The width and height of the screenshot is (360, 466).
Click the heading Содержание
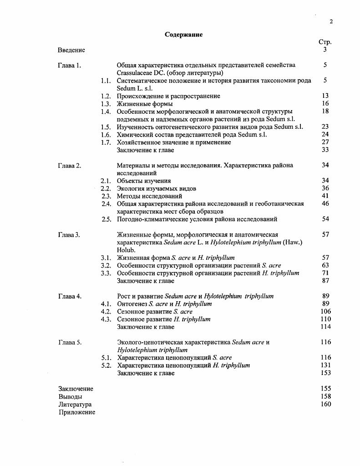pyautogui.click(x=184, y=35)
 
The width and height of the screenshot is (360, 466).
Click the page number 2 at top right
pyautogui.click(x=331, y=22)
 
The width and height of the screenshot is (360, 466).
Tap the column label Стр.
pyautogui.click(x=325, y=42)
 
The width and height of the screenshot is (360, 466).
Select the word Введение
pyautogui.click(x=71, y=50)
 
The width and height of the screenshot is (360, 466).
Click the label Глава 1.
pyautogui.click(x=70, y=65)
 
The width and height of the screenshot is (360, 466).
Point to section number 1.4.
pyautogui.click(x=106, y=111)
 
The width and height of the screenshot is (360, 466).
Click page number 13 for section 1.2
pyautogui.click(x=325, y=96)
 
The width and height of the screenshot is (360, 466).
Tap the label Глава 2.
pyautogui.click(x=70, y=166)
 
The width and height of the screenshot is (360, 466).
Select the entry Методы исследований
pyautogui.click(x=149, y=196)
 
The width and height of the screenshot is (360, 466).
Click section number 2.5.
pyautogui.click(x=106, y=219)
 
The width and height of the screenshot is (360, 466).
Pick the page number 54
pyautogui.click(x=325, y=219)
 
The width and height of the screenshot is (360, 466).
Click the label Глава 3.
pyautogui.click(x=70, y=235)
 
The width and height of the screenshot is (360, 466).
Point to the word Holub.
pyautogui.click(x=126, y=250)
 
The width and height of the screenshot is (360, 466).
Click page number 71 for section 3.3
pyautogui.click(x=325, y=273)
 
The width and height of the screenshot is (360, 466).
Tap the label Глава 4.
pyautogui.click(x=70, y=296)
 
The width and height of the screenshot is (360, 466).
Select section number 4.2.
pyautogui.click(x=106, y=312)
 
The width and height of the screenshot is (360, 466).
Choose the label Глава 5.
pyautogui.click(x=70, y=342)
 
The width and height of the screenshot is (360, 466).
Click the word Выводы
pyautogui.click(x=70, y=396)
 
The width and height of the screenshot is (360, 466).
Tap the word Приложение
pyautogui.click(x=76, y=412)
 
